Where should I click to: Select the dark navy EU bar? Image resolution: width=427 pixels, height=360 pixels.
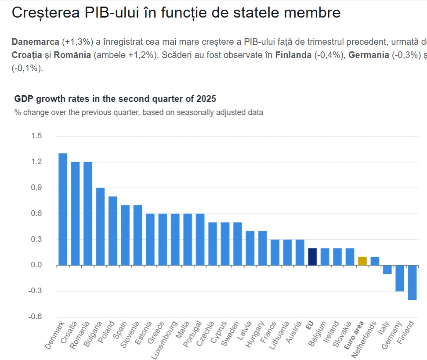(312, 256)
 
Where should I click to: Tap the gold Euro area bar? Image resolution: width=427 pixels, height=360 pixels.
(362, 261)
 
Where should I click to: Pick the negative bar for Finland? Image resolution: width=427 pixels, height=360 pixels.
(412, 282)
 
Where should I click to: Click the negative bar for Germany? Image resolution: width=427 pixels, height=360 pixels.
(400, 278)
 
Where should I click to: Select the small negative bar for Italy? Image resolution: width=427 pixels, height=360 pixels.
(387, 270)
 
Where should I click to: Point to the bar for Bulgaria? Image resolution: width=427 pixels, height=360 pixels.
(100, 227)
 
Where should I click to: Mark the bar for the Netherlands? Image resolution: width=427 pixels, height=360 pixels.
(375, 261)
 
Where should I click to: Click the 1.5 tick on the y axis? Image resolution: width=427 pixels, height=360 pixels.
(36, 136)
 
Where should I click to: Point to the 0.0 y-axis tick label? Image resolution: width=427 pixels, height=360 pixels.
(36, 265)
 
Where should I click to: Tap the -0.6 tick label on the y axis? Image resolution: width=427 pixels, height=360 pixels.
(36, 317)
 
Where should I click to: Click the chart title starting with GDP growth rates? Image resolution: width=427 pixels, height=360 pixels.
(115, 98)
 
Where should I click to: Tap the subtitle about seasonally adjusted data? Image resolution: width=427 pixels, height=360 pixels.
(139, 112)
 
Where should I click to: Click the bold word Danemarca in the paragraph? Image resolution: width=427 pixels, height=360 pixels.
(36, 42)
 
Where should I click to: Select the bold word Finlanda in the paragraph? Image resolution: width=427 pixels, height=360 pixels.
(293, 55)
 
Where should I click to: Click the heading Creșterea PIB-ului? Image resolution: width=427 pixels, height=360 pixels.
(176, 13)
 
